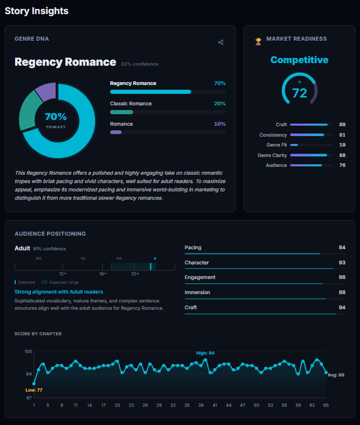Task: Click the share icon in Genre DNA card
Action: tap(221, 42)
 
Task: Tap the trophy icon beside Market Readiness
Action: tap(258, 41)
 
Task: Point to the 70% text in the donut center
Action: tap(56, 117)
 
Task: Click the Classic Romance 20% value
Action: tap(220, 104)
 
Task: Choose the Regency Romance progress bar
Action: tap(150, 92)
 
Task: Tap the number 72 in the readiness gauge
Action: tap(299, 93)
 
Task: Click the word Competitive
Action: tap(299, 60)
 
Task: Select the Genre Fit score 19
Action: tap(342, 145)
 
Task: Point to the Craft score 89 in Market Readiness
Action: tap(342, 125)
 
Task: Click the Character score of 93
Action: tap(342, 262)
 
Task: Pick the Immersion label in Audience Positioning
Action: tap(197, 293)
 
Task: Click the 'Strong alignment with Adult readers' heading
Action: tap(59, 292)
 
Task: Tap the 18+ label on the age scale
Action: tap(103, 274)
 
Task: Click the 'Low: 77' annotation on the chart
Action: tap(34, 390)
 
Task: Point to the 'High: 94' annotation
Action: tap(205, 353)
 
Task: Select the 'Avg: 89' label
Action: tap(335, 375)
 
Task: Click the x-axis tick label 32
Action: tap(173, 405)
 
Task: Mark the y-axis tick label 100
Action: tap(28, 351)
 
